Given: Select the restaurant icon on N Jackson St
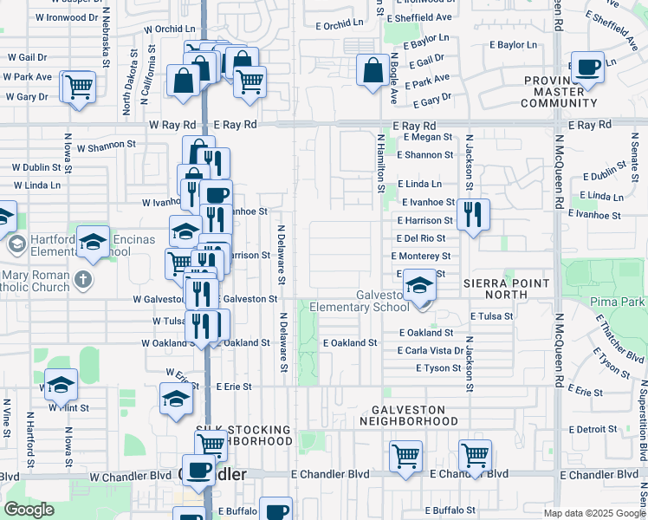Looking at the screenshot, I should [472, 214].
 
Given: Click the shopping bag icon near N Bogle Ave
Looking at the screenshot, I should [373, 72].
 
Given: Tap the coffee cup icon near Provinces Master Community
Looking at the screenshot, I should [588, 67].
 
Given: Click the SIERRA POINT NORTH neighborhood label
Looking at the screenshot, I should [506, 289].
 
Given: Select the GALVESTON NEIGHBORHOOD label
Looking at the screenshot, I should [408, 415].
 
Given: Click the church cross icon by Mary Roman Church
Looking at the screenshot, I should [82, 279].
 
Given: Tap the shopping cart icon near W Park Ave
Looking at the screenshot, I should [78, 87].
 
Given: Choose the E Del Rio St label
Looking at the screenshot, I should [421, 238].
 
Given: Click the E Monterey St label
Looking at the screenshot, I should [421, 257].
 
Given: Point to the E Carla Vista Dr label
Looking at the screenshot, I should [431, 351].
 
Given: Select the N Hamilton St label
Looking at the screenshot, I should [379, 164].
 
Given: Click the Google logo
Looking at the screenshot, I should [29, 509].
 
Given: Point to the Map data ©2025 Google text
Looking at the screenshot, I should [593, 513].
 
